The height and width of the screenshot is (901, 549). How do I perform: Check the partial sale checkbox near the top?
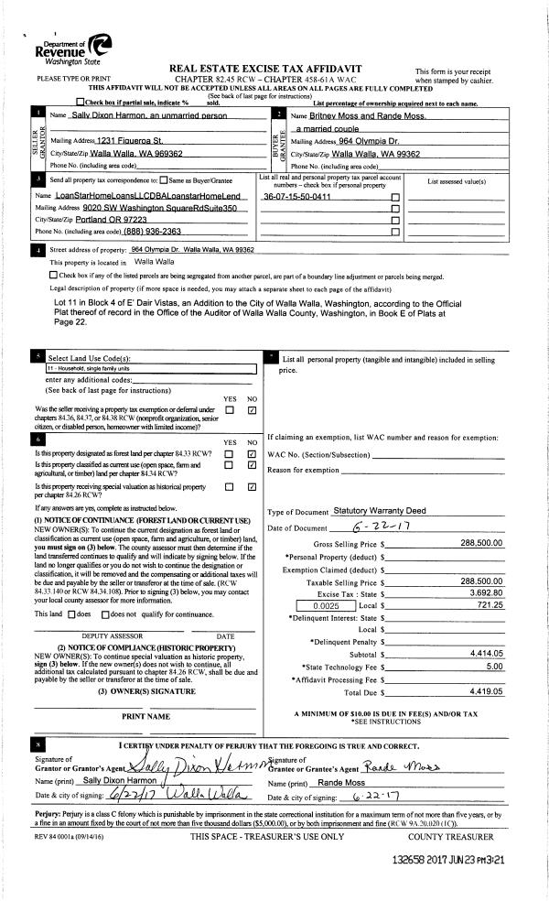pyautogui.click(x=82, y=103)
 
